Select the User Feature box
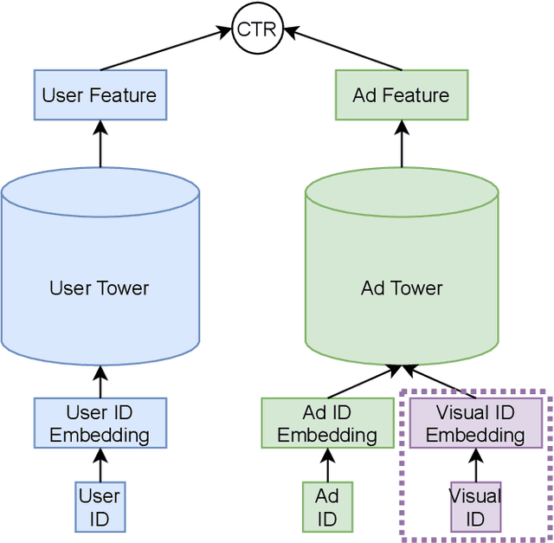pyautogui.click(x=100, y=95)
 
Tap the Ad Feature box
pyautogui.click(x=402, y=95)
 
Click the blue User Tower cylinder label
pyautogui.click(x=100, y=288)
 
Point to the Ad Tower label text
pyautogui.click(x=402, y=288)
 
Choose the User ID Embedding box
pyautogui.click(x=100, y=423)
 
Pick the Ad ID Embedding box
pyautogui.click(x=327, y=423)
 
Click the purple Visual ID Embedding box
pyautogui.click(x=475, y=423)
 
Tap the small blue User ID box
pyautogui.click(x=100, y=507)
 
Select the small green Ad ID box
pyautogui.click(x=327, y=507)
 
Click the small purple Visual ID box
pyautogui.click(x=475, y=507)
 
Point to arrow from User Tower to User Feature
pyautogui.click(x=100, y=144)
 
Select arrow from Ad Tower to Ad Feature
pyautogui.click(x=402, y=144)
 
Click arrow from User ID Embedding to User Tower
pyautogui.click(x=100, y=381)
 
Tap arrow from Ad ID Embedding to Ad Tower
pyautogui.click(x=364, y=382)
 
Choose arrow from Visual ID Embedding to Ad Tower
pyautogui.click(x=440, y=382)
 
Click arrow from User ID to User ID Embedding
pyautogui.click(x=100, y=465)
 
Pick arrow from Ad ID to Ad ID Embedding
pyautogui.click(x=327, y=465)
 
